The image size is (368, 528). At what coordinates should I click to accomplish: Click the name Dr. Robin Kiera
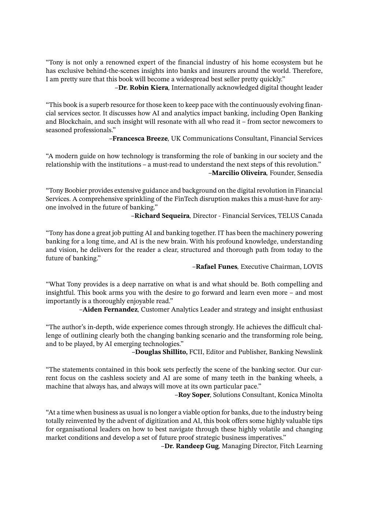[143, 88]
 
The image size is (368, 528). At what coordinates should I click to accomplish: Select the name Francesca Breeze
[140, 138]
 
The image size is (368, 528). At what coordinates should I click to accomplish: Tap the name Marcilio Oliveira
[239, 173]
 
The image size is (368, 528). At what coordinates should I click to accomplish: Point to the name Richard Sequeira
[162, 216]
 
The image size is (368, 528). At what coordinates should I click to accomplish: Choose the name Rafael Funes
[216, 267]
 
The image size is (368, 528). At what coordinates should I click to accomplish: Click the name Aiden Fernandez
[110, 309]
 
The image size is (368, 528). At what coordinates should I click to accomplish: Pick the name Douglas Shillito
[161, 352]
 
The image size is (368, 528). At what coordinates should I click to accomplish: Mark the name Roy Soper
[194, 395]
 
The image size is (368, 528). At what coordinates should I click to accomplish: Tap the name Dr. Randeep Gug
[191, 446]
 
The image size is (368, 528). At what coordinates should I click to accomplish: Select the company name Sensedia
[310, 173]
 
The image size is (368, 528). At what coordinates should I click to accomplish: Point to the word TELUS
[289, 216]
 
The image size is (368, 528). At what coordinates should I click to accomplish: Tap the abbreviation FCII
[196, 352]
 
